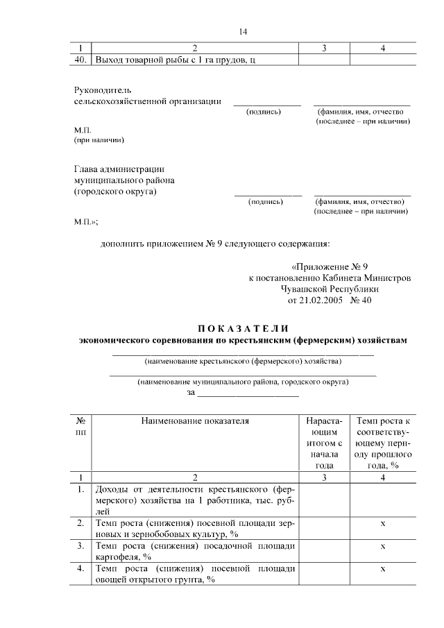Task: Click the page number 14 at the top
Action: point(243,32)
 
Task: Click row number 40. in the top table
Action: point(80,60)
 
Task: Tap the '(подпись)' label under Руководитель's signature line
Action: point(264,111)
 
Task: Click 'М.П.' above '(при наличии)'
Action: point(83,130)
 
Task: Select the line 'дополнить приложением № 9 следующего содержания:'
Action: point(215,244)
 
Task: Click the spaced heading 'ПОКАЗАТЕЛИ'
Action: point(243,328)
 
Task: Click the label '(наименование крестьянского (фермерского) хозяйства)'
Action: point(243,362)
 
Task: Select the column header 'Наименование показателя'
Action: point(194,421)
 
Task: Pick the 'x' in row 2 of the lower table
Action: point(383,523)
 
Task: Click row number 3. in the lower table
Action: point(81,545)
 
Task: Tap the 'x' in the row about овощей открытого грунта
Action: point(383,569)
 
